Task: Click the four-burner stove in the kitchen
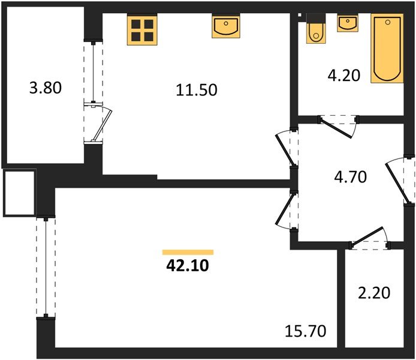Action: point(142,30)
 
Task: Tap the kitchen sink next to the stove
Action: point(225,27)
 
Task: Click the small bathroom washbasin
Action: point(346,23)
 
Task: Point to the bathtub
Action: point(386,48)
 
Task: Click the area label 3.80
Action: point(46,89)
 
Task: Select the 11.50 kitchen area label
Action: point(196,90)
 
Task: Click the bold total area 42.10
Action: point(186,266)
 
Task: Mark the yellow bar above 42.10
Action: point(188,252)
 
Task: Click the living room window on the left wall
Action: point(45,267)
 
